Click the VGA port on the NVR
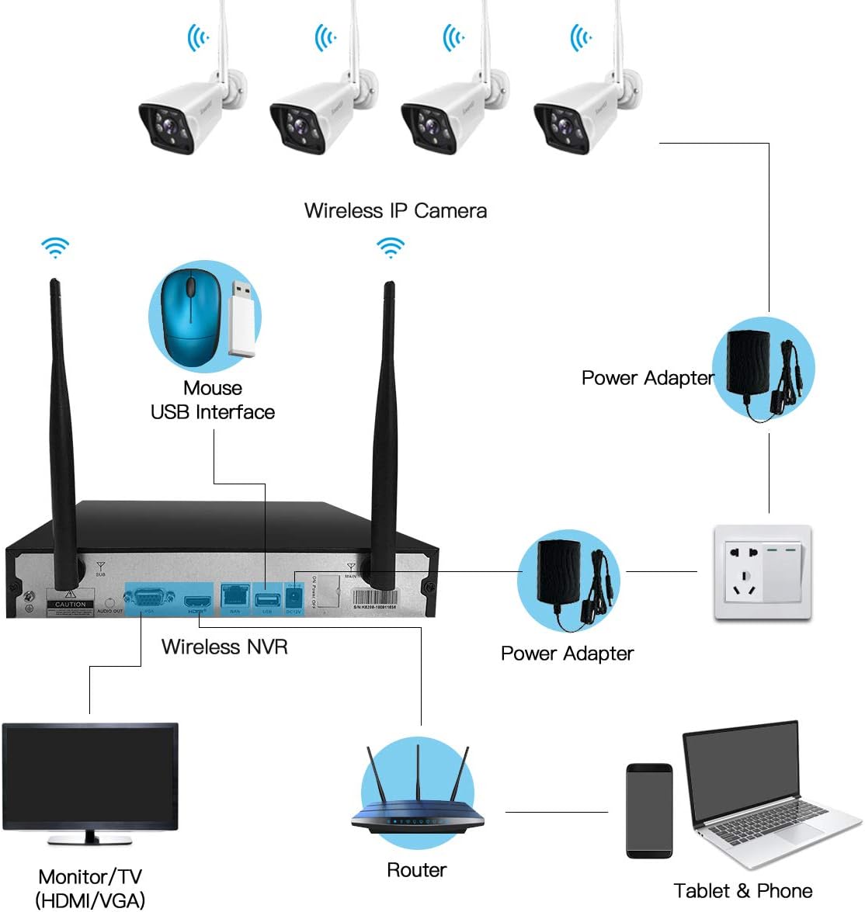[148, 598]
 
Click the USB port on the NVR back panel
[266, 598]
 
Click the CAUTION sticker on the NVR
[70, 604]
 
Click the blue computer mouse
[189, 317]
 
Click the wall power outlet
[763, 573]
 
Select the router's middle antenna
[418, 776]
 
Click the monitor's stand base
[90, 840]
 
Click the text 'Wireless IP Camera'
[395, 211]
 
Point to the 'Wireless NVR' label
[224, 647]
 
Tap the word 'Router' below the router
[416, 870]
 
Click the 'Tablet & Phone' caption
[742, 890]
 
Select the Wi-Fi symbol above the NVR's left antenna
[55, 248]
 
